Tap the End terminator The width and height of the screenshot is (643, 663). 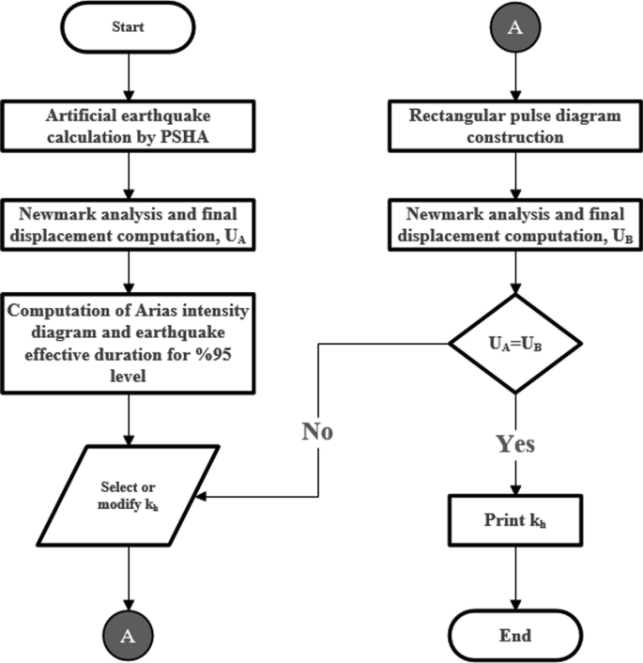pos(514,636)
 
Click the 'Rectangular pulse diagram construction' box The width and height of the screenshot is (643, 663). pos(513,127)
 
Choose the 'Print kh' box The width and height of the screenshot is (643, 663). pos(514,519)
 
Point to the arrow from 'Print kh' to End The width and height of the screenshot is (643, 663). pos(514,578)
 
